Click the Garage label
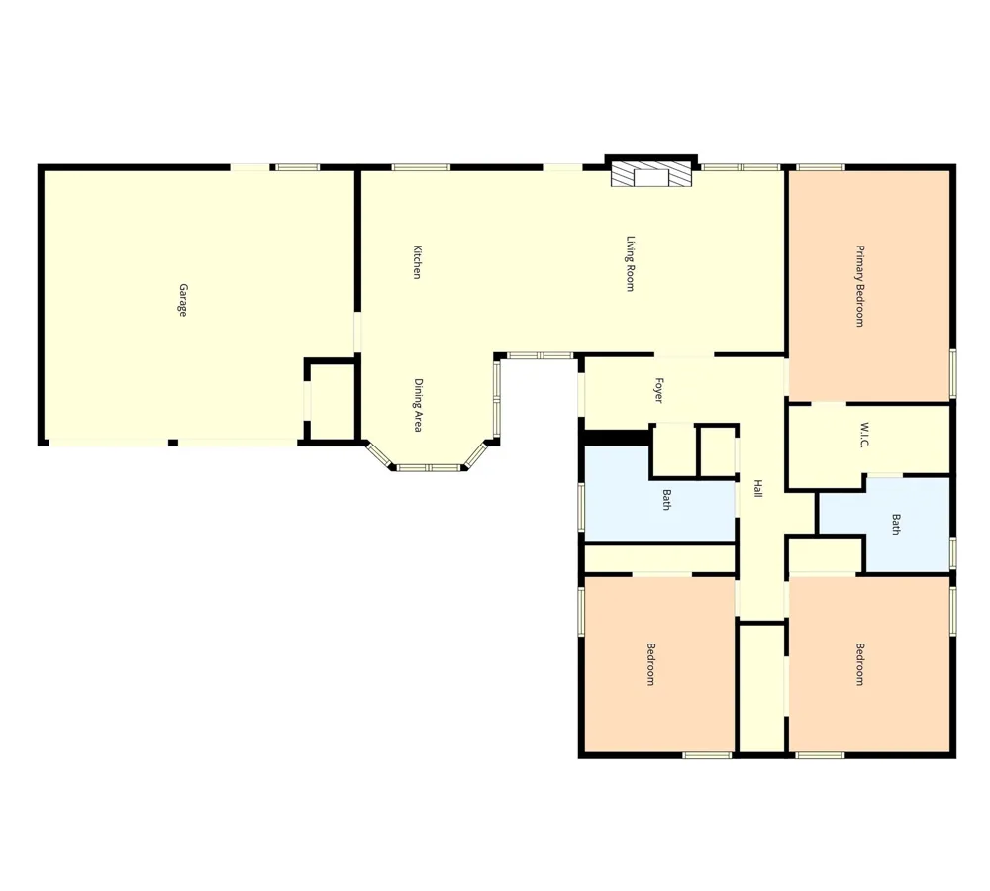tap(183, 300)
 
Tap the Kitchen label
tap(417, 262)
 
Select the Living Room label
tap(630, 264)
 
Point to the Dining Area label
tap(418, 405)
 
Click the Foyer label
tap(659, 391)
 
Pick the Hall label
tap(758, 489)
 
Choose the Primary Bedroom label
tap(860, 286)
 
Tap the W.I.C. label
tap(864, 436)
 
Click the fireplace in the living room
tap(651, 174)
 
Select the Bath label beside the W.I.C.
tap(896, 524)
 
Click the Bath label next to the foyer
tap(666, 500)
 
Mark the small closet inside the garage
tap(332, 400)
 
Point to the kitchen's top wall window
tap(421, 167)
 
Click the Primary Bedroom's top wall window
tap(820, 167)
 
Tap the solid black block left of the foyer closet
tap(616, 437)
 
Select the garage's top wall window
tap(298, 167)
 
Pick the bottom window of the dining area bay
tap(429, 468)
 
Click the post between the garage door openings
tap(173, 443)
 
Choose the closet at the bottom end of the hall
tap(761, 687)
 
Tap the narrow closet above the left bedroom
tap(659, 558)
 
